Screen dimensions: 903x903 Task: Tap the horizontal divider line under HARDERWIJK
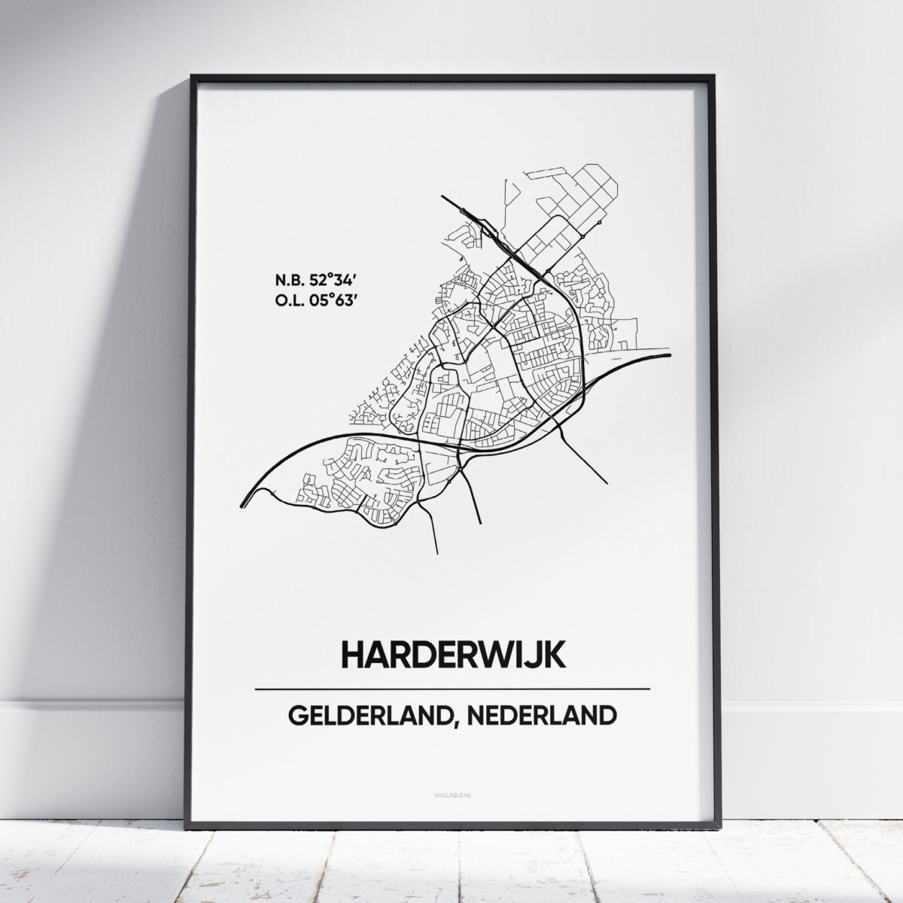[451, 689]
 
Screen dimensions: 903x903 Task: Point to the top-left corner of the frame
[192, 75]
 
